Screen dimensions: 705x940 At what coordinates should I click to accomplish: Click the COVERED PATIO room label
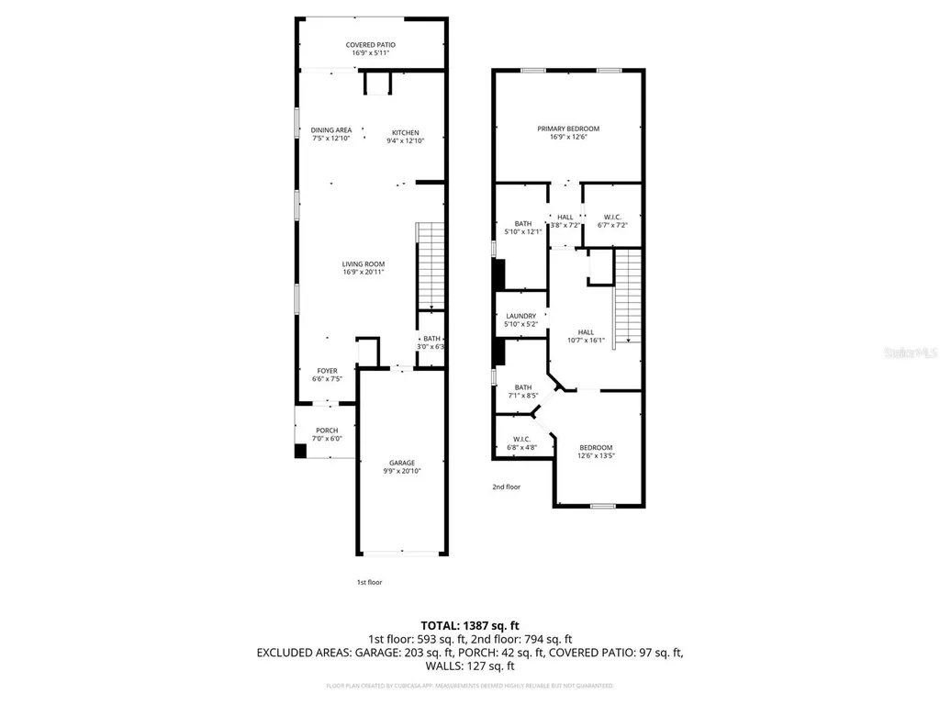(371, 44)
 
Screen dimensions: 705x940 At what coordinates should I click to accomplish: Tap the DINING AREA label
(330, 130)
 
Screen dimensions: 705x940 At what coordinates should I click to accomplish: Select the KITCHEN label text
(405, 132)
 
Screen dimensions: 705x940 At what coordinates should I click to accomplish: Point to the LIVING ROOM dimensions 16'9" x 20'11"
(363, 273)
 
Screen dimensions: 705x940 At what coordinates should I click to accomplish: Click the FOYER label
(327, 371)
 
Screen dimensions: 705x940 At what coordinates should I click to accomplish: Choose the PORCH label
(327, 431)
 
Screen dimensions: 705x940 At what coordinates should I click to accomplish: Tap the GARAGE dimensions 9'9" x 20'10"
(401, 471)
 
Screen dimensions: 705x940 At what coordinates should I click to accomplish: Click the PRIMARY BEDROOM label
(568, 129)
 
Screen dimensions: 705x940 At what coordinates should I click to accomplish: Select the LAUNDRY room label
(520, 316)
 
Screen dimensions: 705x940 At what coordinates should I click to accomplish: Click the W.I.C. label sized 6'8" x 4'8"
(522, 439)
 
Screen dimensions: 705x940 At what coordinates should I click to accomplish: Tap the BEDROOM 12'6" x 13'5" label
(595, 447)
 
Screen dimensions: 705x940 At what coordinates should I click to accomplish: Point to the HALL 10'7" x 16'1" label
(586, 332)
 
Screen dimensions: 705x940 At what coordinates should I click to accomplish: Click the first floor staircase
(430, 267)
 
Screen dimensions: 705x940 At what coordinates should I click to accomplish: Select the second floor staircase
(626, 297)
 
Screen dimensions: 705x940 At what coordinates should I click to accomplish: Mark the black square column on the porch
(299, 451)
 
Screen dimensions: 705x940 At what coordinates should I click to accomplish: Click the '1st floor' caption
(370, 582)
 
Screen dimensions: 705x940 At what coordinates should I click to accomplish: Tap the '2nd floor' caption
(507, 487)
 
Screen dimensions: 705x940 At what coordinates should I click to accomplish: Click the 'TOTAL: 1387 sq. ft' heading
(470, 623)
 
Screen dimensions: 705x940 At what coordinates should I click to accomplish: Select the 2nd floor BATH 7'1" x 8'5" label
(522, 387)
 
